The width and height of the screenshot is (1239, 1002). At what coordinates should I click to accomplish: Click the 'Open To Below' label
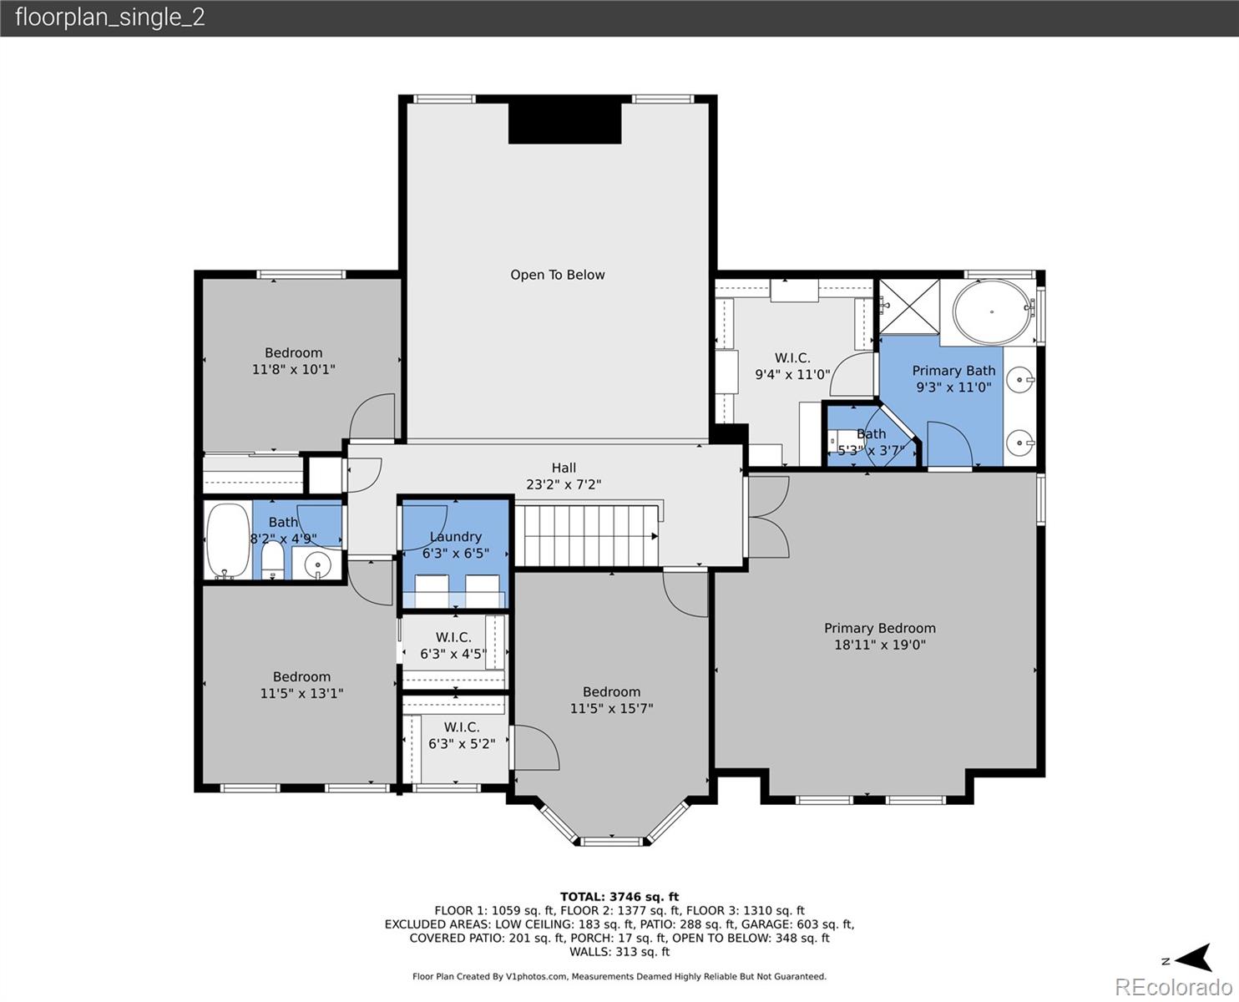557,275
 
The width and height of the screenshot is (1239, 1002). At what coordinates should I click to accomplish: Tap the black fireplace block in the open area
565,124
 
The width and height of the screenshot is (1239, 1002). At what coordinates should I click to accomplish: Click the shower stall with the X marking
908,306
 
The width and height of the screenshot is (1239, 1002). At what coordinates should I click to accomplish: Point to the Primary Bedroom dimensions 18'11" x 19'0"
879,645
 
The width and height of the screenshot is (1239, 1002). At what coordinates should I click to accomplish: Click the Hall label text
564,468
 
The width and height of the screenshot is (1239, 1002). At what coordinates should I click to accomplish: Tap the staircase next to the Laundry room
588,535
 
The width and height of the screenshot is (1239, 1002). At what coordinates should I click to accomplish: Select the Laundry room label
456,537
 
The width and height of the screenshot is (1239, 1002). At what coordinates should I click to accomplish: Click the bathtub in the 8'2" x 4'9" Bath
227,541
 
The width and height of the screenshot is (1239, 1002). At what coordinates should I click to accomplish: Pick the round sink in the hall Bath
317,564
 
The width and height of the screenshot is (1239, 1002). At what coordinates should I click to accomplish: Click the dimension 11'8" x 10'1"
293,369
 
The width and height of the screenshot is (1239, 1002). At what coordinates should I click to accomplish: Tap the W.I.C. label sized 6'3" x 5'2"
462,727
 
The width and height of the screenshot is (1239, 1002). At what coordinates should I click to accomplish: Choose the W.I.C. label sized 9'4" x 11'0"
792,358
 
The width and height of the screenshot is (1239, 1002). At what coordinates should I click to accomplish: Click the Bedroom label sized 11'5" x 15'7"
611,692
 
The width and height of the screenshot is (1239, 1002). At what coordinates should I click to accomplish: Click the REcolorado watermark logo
1173,987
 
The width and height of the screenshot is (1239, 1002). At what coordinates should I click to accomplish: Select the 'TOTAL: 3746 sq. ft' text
619,897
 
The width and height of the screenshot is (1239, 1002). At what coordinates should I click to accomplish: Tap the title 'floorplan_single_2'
110,18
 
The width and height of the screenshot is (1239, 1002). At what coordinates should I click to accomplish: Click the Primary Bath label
953,371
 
